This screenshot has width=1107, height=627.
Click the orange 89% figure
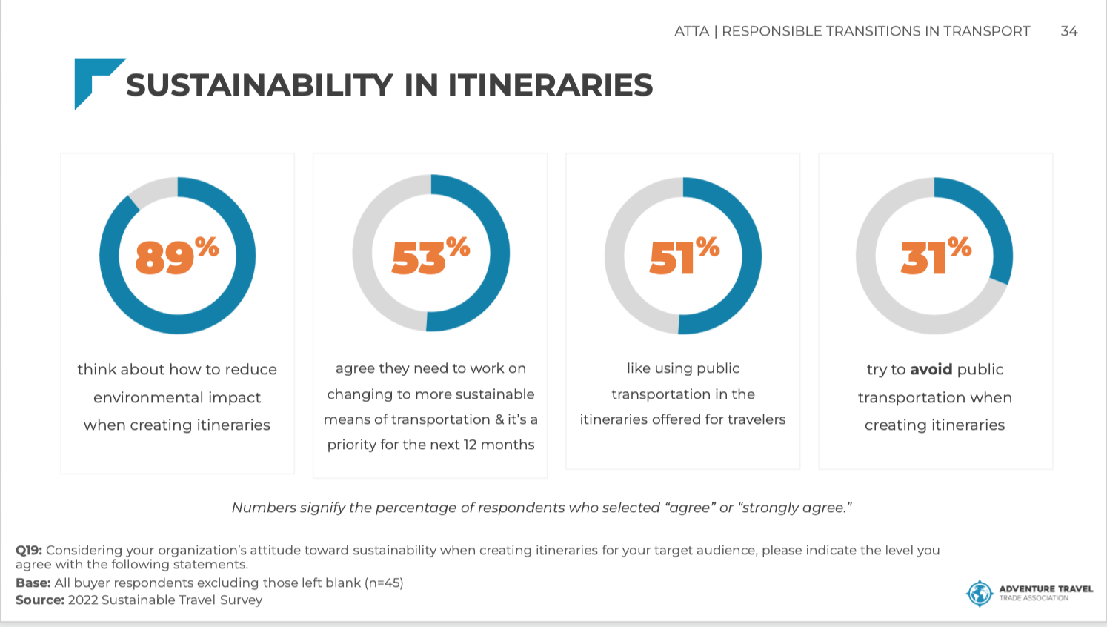tap(177, 256)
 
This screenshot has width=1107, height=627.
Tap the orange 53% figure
tap(430, 255)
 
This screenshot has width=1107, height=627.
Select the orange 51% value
tap(685, 255)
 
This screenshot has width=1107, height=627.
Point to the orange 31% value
tap(936, 255)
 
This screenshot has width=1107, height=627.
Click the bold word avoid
tap(931, 369)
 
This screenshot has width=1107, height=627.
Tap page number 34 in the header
tap(1069, 31)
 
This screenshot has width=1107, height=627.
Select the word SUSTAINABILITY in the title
tap(259, 84)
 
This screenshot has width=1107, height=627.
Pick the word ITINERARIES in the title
tap(551, 84)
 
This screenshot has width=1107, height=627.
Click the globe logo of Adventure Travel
tap(979, 593)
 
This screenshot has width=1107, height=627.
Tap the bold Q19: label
tap(29, 551)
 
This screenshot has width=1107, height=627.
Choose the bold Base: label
tap(33, 583)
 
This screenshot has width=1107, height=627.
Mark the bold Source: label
tap(40, 600)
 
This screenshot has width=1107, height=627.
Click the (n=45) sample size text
tap(384, 583)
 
